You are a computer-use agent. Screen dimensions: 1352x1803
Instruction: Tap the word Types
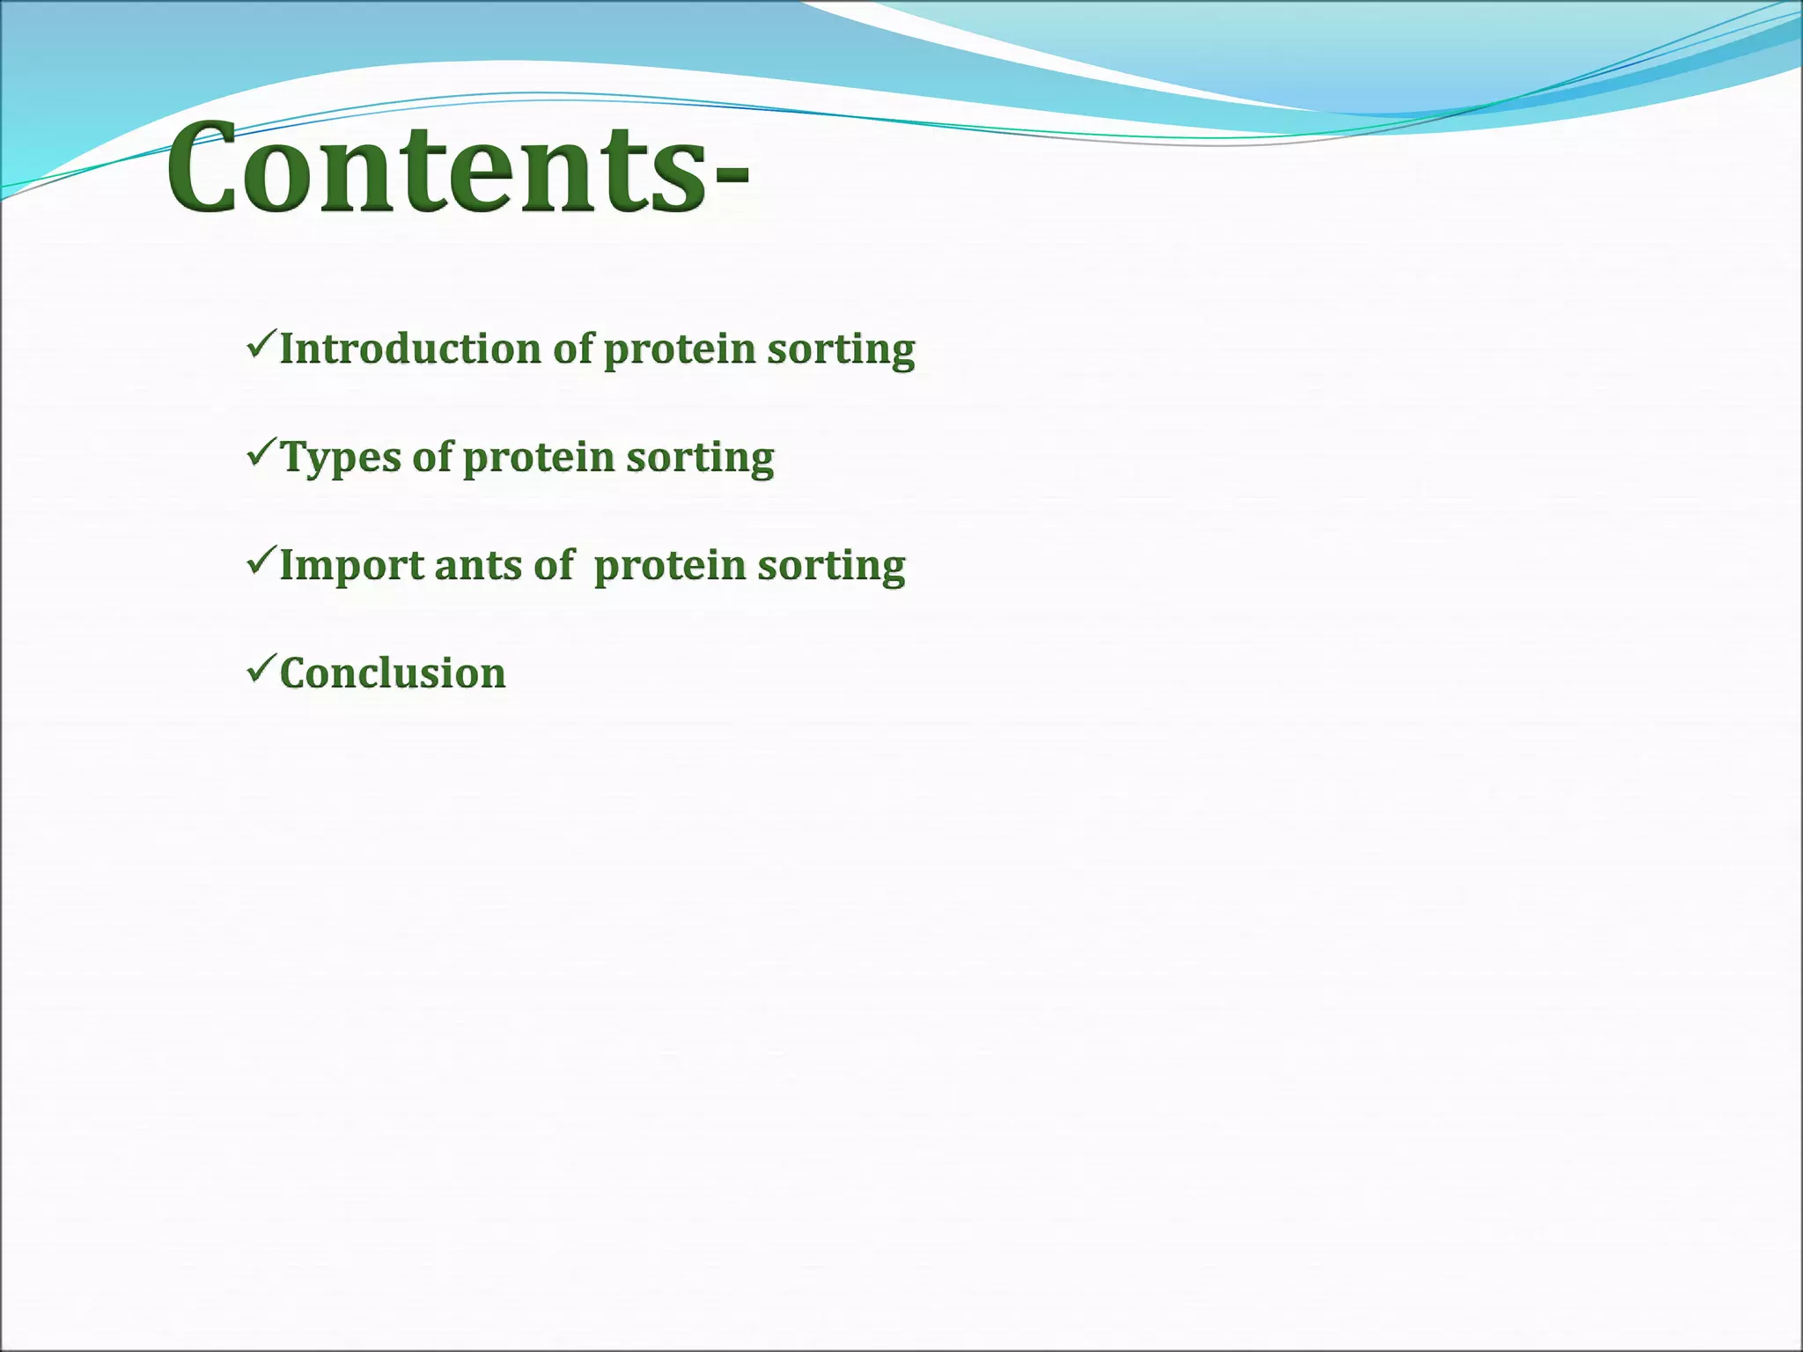tap(341, 458)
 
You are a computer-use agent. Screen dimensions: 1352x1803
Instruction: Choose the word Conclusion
tap(393, 673)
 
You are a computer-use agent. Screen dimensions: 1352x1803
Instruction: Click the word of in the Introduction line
tap(573, 349)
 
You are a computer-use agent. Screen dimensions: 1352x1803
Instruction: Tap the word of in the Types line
tap(432, 457)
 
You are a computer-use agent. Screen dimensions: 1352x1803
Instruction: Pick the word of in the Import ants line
tap(554, 565)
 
